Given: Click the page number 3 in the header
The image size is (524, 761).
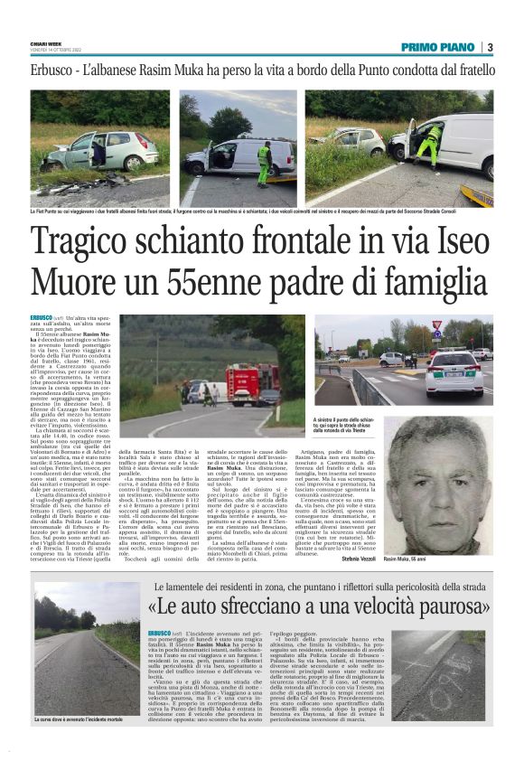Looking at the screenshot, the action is point(489,47).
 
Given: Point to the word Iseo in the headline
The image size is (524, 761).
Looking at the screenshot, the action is point(456,247).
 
